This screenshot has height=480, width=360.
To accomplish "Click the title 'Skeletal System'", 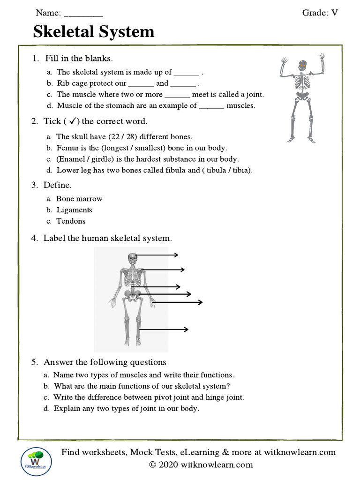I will coord(94,31).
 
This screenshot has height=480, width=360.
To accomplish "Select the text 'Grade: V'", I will coord(320,13).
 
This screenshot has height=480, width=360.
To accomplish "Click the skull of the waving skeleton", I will coord(302,65).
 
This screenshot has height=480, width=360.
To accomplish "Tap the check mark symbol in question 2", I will coord(73,121).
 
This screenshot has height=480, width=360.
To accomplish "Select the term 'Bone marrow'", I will coord(79,199).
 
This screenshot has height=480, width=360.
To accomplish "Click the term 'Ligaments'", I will coord(74,210).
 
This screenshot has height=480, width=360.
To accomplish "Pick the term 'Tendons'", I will coord(71,221).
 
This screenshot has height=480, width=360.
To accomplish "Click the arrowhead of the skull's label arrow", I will coord(176,255).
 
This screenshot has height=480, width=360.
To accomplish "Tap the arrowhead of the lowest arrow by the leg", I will coord(186,330).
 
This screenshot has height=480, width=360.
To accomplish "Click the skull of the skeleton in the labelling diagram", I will coord(133,257).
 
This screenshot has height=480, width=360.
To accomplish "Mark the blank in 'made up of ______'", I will coord(187,73).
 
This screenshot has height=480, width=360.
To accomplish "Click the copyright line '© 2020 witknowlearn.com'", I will coord(201,465).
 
